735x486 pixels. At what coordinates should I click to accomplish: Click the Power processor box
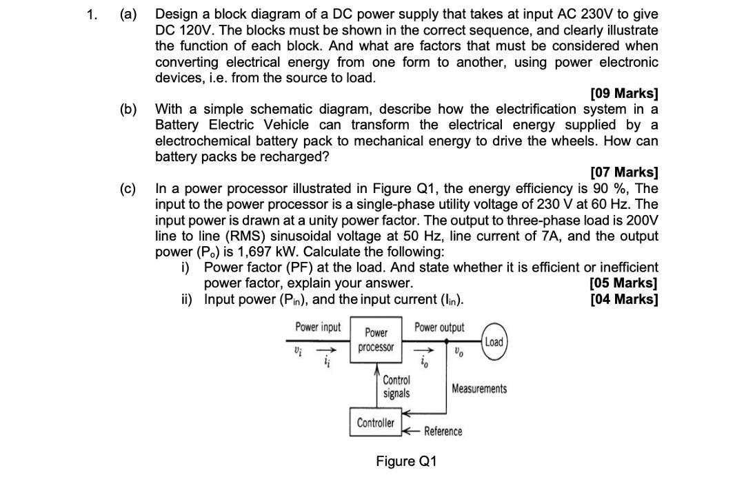376,340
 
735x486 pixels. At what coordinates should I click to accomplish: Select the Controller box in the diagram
376,423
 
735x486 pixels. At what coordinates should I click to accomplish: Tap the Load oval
494,342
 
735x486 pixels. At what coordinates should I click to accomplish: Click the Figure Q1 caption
406,461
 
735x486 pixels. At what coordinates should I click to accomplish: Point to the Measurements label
479,389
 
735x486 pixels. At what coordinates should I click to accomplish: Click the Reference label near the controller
443,432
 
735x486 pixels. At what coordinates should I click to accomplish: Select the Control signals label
396,387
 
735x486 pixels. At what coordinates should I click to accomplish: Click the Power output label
439,327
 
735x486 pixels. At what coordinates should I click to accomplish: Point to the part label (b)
128,109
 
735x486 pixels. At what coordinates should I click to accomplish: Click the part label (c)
128,188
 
